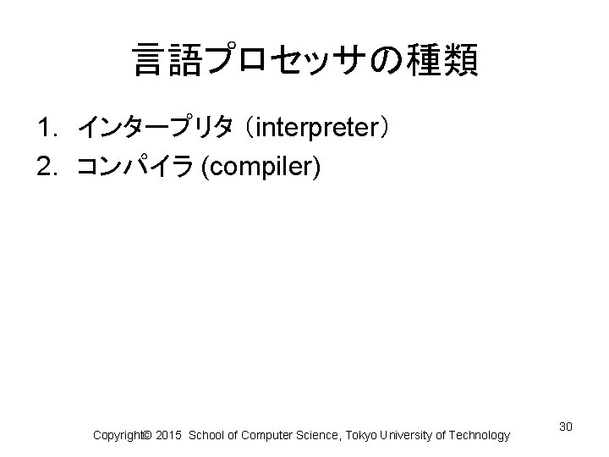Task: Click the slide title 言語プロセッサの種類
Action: click(304, 61)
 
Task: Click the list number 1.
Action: click(46, 129)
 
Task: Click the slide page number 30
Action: click(566, 425)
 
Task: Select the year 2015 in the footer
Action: click(169, 435)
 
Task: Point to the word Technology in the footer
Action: click(480, 435)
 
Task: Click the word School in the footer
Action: click(207, 435)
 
